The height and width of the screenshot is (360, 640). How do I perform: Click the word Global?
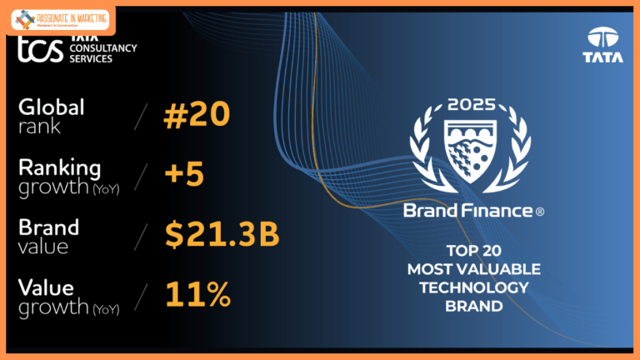tap(52, 107)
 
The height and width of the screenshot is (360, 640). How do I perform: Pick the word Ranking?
tap(60, 167)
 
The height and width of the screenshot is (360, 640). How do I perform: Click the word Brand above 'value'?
tap(48, 227)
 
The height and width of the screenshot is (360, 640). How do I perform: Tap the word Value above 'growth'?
tap(47, 287)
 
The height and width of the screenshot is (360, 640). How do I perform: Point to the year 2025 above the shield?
tap(472, 105)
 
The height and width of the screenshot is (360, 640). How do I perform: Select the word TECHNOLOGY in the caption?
tap(473, 287)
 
